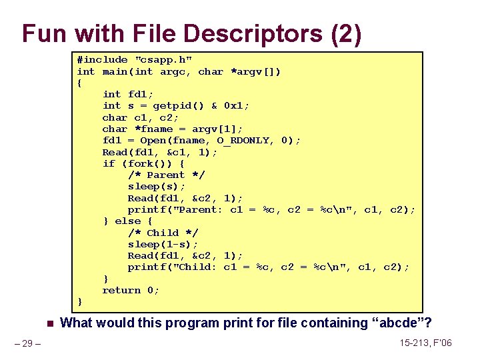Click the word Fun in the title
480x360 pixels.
tap(45, 33)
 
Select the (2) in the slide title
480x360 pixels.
tap(346, 33)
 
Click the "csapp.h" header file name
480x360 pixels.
tap(163, 59)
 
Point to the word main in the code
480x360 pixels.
tap(115, 71)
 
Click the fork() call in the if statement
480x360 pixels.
tap(144, 163)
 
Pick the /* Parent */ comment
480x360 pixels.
tap(167, 175)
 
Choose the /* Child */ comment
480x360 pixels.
tap(163, 233)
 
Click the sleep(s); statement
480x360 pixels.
tap(157, 187)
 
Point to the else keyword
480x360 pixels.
tap(128, 221)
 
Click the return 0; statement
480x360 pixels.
tap(131, 290)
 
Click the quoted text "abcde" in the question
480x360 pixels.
tap(401, 323)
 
